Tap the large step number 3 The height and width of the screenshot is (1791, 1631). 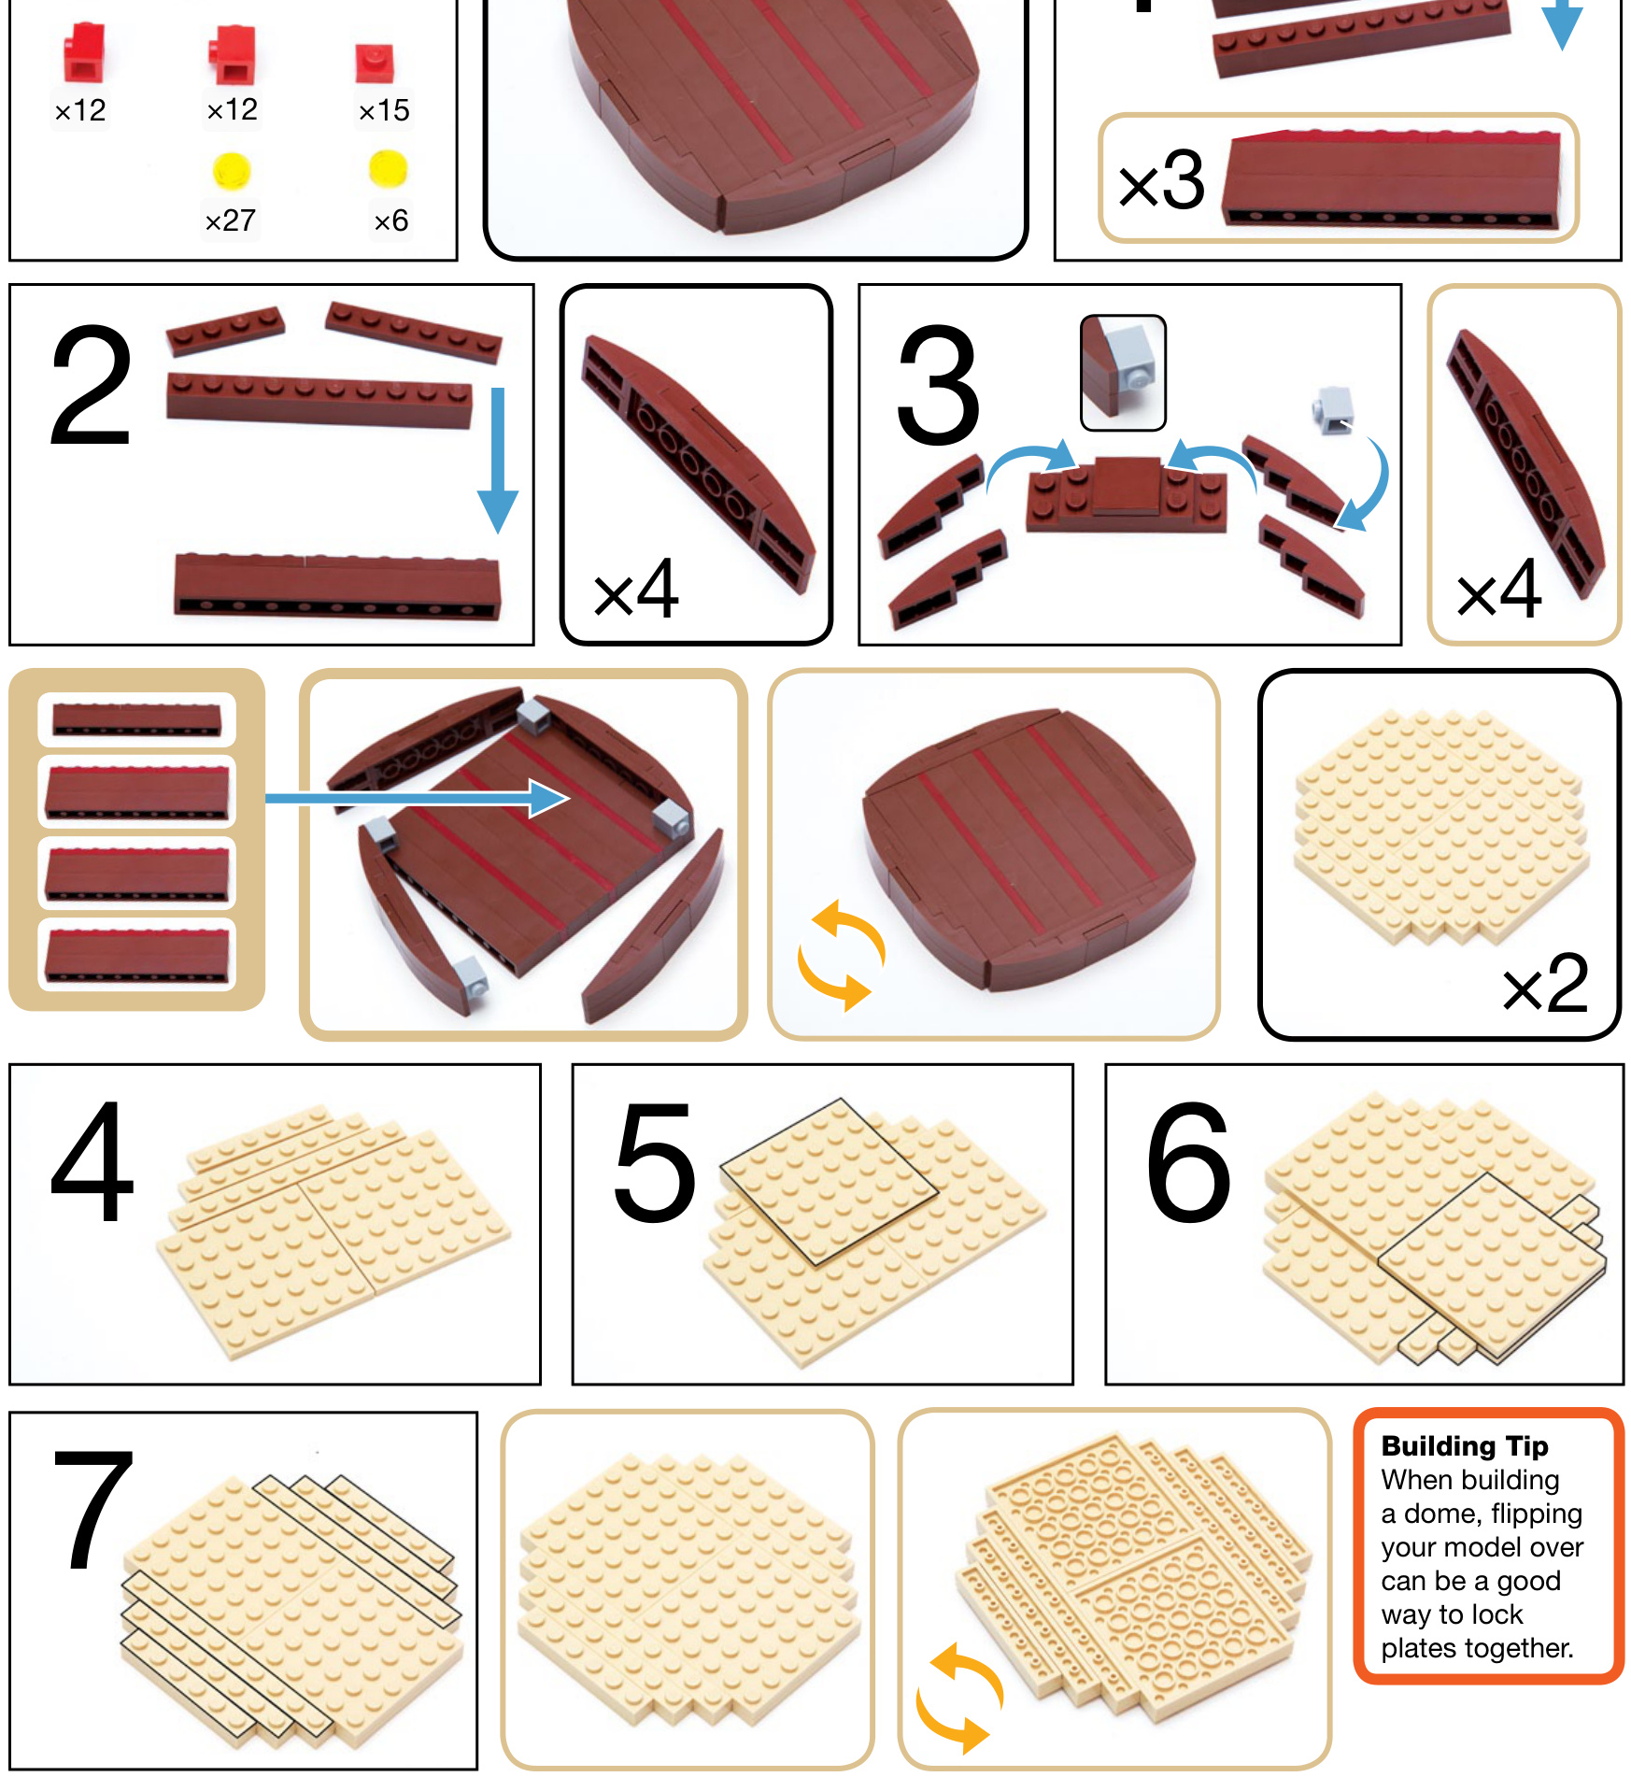point(938,385)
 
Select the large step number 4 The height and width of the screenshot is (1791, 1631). point(92,1161)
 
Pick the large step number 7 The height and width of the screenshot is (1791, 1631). point(93,1510)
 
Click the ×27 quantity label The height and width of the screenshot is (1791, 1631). point(230,220)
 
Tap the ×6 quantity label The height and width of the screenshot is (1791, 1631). point(390,220)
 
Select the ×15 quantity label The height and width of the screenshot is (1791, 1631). point(384,110)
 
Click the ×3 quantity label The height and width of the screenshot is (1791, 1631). point(1162,179)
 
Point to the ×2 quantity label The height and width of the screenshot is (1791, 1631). point(1545,984)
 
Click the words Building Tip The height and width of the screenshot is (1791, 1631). point(1465,1445)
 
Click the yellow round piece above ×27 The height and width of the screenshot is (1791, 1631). point(231,169)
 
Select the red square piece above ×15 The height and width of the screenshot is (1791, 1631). point(375,64)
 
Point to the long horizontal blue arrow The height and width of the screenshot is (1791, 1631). point(418,798)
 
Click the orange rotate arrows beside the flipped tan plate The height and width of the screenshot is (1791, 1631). point(960,1699)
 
